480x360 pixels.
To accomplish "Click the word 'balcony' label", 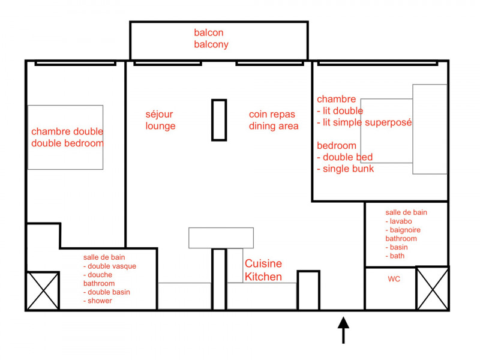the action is click(x=211, y=44).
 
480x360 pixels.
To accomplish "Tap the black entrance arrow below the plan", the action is click(x=343, y=330).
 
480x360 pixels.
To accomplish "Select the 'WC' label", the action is click(x=394, y=279).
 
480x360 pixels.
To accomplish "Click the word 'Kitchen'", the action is click(x=263, y=277).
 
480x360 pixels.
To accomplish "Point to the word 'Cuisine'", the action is click(x=263, y=263).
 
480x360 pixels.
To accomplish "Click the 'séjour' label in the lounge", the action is click(x=159, y=115).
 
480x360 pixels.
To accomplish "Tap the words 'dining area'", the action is click(x=274, y=126).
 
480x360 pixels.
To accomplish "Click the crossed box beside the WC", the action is click(x=432, y=289).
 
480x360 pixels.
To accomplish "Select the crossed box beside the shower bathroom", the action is click(x=43, y=291).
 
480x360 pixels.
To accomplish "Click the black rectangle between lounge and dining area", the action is click(x=219, y=120).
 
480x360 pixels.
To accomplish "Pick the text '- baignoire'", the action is click(x=403, y=230).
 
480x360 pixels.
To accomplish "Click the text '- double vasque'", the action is click(x=110, y=266).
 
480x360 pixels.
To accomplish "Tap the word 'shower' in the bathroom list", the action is click(x=100, y=301).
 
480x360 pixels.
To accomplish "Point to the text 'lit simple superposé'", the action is click(x=367, y=122).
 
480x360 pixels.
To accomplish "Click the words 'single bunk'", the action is click(x=349, y=169).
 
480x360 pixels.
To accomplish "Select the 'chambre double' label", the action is click(x=67, y=131).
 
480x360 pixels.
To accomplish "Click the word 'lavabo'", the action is click(x=401, y=221).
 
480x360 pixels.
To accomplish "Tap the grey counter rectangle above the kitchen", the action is click(x=221, y=238).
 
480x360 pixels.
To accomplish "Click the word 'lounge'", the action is click(x=160, y=126).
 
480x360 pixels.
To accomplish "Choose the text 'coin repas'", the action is click(x=272, y=115).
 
